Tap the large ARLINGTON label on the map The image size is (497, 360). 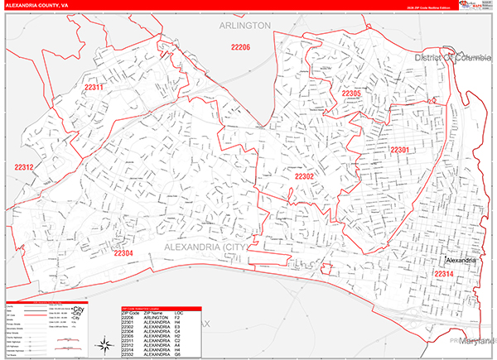[x=245, y=26]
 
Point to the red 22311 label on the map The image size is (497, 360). [x=94, y=87]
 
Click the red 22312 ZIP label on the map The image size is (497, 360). [x=24, y=167]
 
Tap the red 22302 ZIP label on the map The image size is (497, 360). [x=304, y=176]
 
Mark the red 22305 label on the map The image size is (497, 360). [x=351, y=94]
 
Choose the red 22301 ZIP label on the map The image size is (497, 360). [x=400, y=150]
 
